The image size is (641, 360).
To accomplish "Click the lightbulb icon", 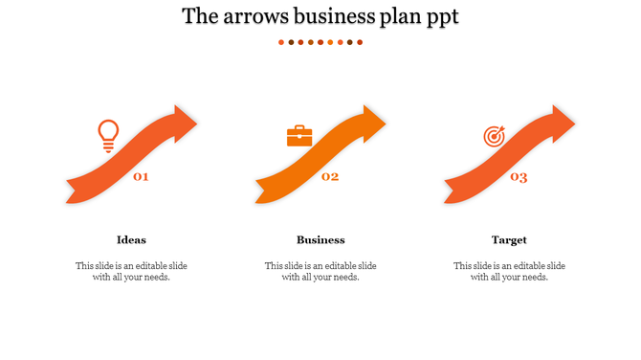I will [x=108, y=136].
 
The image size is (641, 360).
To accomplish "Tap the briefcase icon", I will [x=299, y=136].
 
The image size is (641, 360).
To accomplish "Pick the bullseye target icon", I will [x=494, y=137].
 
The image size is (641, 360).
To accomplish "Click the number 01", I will [x=141, y=176].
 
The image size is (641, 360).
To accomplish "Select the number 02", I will [x=330, y=176].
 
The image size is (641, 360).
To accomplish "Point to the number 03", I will [x=519, y=176].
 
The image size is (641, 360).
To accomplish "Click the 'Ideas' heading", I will [x=131, y=240].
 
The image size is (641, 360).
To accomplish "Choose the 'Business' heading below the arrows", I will [x=320, y=240].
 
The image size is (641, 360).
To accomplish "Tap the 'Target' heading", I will [x=509, y=240].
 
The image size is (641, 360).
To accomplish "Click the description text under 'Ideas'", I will [x=131, y=272].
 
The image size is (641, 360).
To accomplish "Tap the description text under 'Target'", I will [x=509, y=272].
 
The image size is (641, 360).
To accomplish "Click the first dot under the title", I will [x=281, y=42].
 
